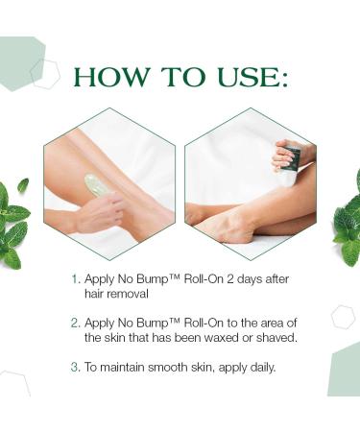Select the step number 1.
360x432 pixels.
(76, 278)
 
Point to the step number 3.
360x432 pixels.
(76, 366)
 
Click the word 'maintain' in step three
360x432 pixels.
(126, 366)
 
